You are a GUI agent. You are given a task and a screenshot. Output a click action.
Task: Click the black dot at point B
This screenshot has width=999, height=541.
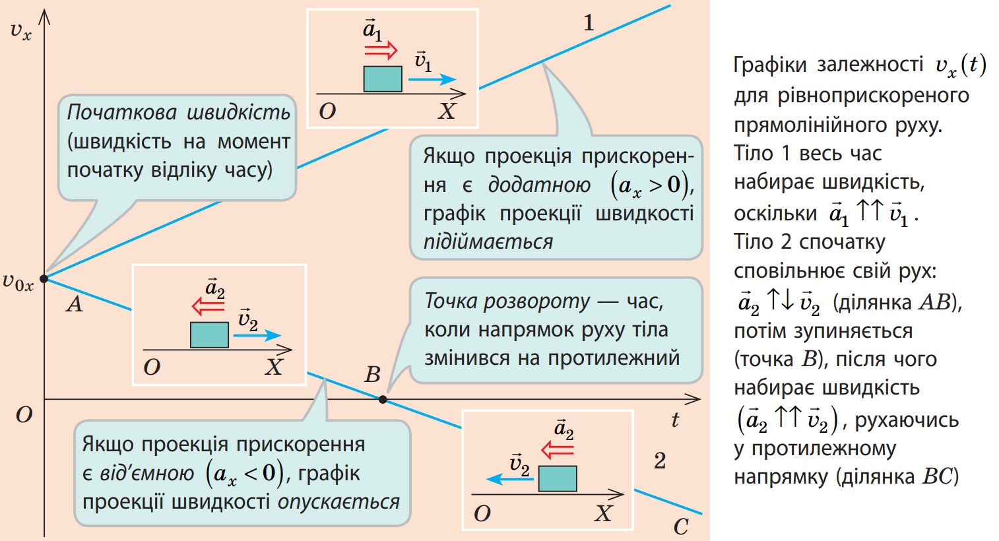[383, 399]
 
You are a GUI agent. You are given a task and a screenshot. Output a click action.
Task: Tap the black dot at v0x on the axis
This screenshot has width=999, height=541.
[44, 279]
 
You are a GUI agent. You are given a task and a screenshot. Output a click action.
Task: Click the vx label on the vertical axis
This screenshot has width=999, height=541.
[20, 30]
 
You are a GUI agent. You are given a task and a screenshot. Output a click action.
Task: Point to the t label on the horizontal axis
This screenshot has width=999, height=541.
[675, 420]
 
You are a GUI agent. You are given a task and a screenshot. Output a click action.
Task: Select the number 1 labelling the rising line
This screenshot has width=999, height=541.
[589, 22]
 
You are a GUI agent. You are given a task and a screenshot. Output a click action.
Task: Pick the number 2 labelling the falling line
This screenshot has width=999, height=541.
[660, 461]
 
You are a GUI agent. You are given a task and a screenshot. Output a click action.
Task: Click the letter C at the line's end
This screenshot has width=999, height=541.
[681, 526]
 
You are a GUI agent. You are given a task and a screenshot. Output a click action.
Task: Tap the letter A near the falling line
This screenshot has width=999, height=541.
[75, 304]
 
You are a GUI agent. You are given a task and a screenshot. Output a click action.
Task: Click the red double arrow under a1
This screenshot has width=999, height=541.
[381, 50]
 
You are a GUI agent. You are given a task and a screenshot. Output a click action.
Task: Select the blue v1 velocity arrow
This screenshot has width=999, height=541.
[432, 79]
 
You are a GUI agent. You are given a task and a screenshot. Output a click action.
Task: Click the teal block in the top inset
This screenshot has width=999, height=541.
[383, 79]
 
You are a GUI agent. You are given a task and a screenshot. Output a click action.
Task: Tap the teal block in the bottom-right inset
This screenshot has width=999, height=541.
[558, 478]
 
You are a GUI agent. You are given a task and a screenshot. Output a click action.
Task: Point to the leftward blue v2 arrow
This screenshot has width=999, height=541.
[510, 480]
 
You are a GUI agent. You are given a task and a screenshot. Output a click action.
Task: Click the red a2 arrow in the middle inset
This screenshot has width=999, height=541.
[209, 306]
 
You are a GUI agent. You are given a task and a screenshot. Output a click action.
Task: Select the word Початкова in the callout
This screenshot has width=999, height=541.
[122, 112]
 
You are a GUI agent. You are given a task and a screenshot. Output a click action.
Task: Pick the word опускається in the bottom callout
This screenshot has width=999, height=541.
[338, 502]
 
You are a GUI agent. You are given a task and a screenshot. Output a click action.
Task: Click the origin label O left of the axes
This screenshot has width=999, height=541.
[24, 415]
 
